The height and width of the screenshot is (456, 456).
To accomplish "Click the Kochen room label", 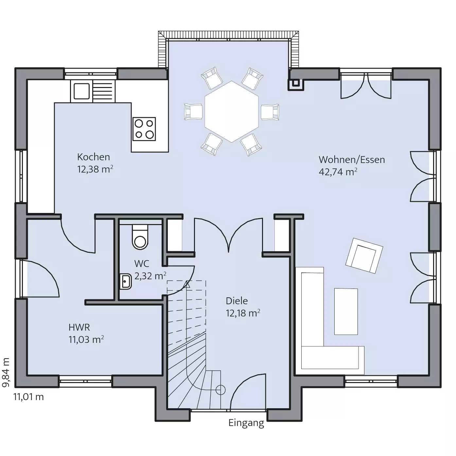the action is point(94,157).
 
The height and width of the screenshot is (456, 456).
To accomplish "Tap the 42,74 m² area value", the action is point(338,172).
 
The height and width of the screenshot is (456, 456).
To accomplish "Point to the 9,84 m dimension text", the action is point(6,373).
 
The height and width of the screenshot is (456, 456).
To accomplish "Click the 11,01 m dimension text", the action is point(29,397).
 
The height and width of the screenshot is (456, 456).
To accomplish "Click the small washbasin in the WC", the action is point(125,282).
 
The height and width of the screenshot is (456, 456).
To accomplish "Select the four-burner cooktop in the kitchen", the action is point(144,129).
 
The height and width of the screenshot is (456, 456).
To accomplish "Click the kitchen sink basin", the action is point(82,91).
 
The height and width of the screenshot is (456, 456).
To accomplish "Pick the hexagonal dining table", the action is point(231,112).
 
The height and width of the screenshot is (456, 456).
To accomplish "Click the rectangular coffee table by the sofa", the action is point(346,311).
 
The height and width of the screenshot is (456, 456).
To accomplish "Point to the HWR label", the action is point(79,327).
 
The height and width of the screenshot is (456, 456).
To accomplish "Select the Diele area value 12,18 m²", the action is point(243,313).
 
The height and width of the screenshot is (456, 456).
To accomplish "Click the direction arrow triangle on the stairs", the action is point(187,284).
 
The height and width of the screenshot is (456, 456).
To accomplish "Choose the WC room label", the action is point(142,264).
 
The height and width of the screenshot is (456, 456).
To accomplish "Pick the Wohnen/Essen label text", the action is point(352,160).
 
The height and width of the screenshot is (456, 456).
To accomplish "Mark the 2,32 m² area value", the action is point(150,276).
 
